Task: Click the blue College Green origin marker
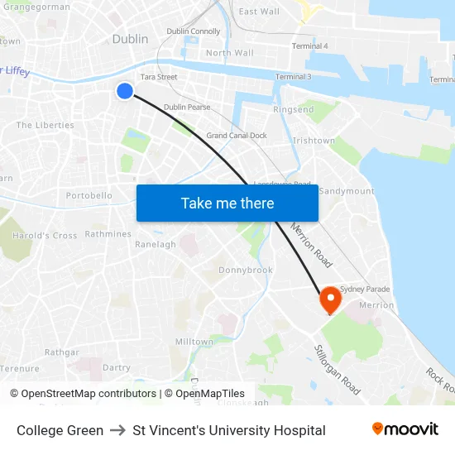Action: (x=124, y=91)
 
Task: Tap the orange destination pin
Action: (x=330, y=299)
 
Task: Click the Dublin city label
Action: (x=130, y=39)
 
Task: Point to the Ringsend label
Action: (x=294, y=109)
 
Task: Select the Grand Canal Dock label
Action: (x=237, y=135)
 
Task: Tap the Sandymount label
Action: (x=346, y=190)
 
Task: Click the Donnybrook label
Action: (x=245, y=270)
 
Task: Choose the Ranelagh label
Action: (x=156, y=245)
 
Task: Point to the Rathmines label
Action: (x=108, y=234)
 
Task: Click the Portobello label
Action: (x=89, y=196)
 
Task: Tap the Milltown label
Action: (x=194, y=342)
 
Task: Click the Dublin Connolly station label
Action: (x=194, y=31)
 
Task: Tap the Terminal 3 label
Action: (x=293, y=77)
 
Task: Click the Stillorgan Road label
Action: (x=337, y=370)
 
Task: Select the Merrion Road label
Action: (x=311, y=245)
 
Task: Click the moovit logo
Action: (x=405, y=429)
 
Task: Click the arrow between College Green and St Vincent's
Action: (x=117, y=430)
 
